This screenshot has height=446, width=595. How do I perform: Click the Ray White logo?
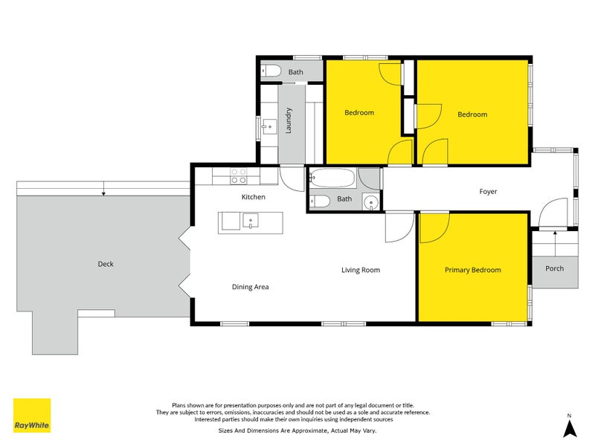pyautogui.click(x=32, y=416)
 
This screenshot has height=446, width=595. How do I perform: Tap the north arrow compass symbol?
pyautogui.click(x=570, y=427)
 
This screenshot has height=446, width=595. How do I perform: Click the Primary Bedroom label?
pyautogui.click(x=473, y=270)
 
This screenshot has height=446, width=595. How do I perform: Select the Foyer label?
pyautogui.click(x=488, y=192)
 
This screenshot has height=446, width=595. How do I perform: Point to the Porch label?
pyautogui.click(x=554, y=268)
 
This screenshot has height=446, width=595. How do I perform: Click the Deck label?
pyautogui.click(x=106, y=264)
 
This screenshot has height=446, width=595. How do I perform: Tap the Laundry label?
pyautogui.click(x=289, y=120)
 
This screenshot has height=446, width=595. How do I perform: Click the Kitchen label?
pyautogui.click(x=254, y=197)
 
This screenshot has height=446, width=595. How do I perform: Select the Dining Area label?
pyautogui.click(x=251, y=287)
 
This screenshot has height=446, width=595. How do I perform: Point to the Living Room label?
pyautogui.click(x=361, y=270)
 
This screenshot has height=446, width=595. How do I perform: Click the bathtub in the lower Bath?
pyautogui.click(x=332, y=178)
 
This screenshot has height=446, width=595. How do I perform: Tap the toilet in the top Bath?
pyautogui.click(x=271, y=71)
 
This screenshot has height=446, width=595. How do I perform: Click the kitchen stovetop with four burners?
pyautogui.click(x=239, y=176)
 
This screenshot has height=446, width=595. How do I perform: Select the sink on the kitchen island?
pyautogui.click(x=251, y=221)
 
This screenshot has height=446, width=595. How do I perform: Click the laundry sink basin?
pyautogui.click(x=270, y=126)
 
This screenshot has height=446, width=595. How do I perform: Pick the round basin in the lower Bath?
pyautogui.click(x=370, y=202)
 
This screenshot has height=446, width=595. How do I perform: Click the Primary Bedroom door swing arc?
pyautogui.click(x=441, y=234)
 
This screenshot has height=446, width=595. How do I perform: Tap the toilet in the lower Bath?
pyautogui.click(x=320, y=201)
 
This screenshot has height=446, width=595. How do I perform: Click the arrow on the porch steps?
pyautogui.click(x=555, y=244)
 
